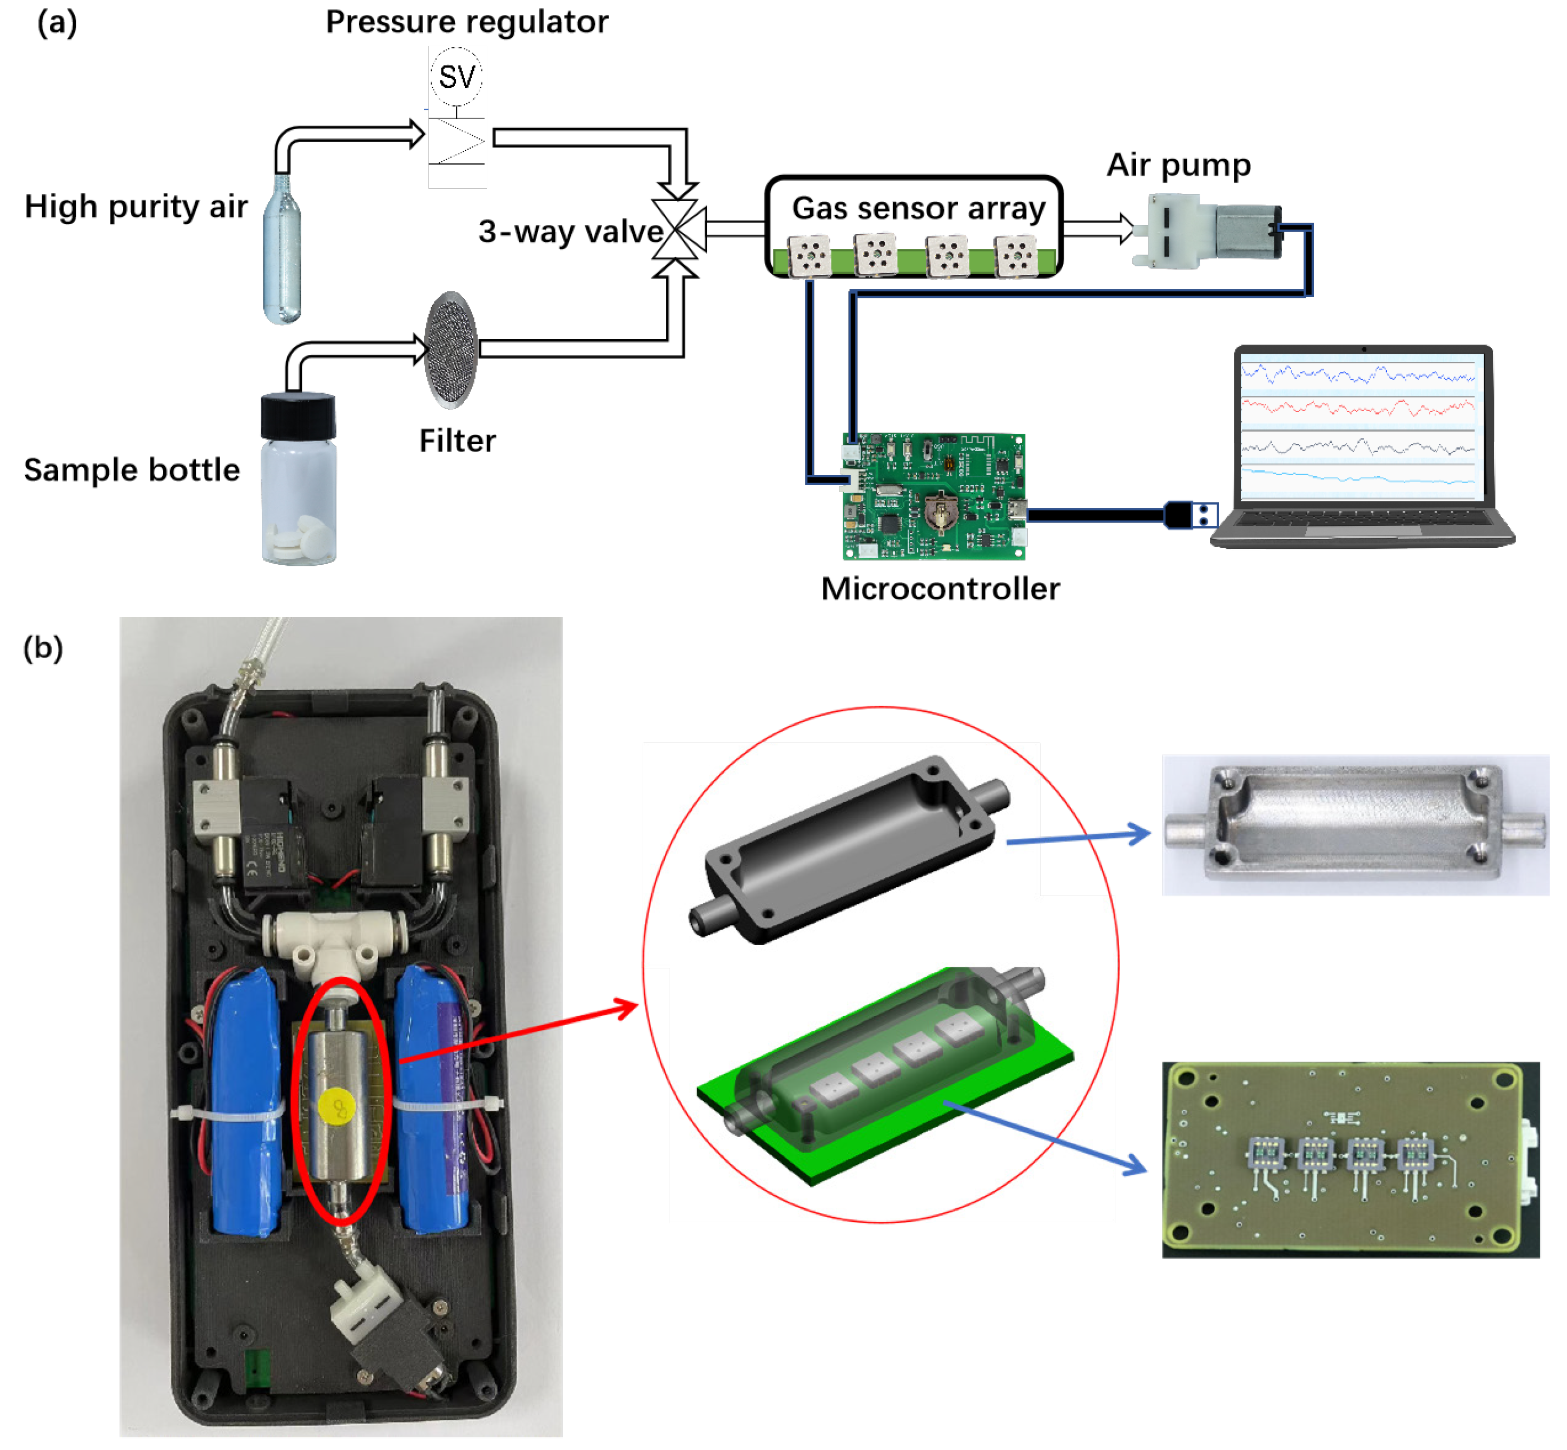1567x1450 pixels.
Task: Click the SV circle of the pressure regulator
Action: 456,77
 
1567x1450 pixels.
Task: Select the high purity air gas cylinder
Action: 282,249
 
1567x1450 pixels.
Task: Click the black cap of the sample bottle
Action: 298,416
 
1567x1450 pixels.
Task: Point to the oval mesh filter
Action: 451,349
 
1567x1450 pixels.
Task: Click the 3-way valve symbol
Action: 676,229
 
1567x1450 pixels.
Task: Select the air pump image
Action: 1207,232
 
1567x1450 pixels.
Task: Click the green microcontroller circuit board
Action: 934,496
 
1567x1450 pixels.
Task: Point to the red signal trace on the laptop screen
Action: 1358,408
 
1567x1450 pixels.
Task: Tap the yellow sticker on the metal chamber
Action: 338,1107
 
